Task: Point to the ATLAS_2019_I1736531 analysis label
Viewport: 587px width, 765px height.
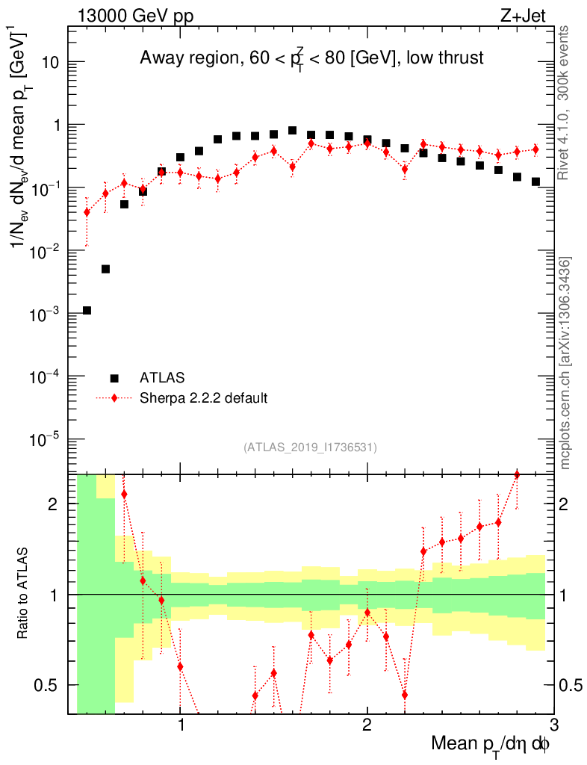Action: [310, 447]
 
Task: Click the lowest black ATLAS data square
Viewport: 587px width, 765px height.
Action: [87, 310]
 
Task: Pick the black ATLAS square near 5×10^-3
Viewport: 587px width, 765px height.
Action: [105, 269]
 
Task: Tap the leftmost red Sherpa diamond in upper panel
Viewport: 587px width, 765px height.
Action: [87, 212]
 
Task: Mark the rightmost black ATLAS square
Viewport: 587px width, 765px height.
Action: [535, 182]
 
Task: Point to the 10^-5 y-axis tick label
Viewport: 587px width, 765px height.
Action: [45, 439]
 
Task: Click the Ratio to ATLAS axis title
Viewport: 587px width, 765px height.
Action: [24, 594]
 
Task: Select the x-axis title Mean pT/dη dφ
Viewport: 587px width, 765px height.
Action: [491, 745]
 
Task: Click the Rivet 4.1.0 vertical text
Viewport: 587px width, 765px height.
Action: [565, 102]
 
